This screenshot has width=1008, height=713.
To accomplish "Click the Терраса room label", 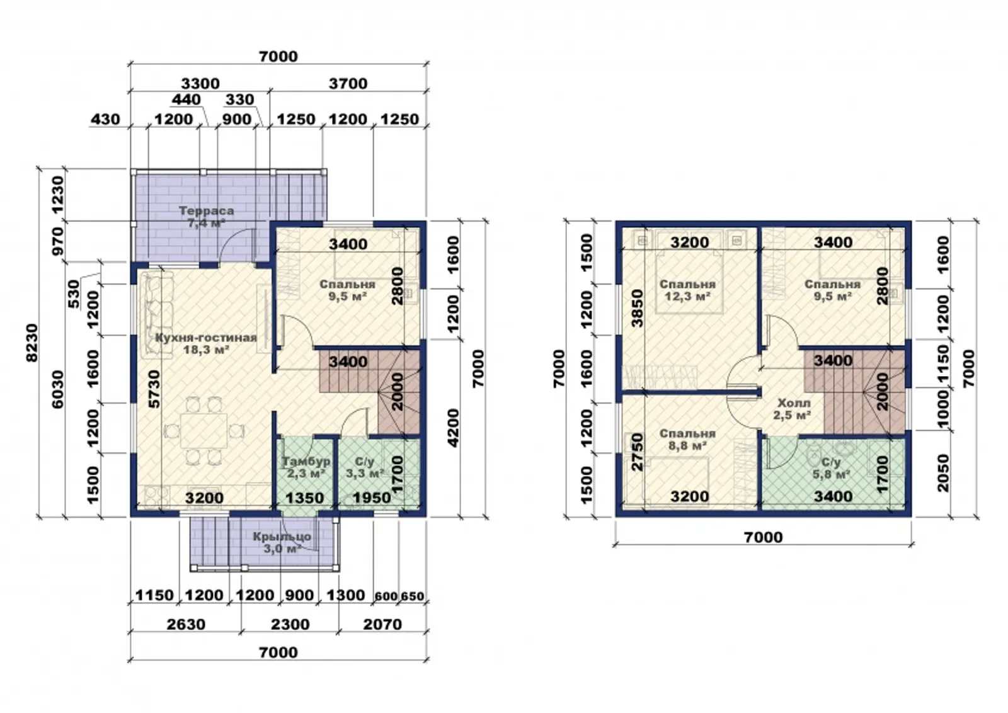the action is tap(207, 210).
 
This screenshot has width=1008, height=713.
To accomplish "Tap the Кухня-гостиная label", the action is tap(206, 338).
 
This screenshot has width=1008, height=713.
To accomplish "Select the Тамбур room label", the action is tap(306, 461).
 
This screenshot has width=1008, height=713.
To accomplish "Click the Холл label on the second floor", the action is tap(794, 402).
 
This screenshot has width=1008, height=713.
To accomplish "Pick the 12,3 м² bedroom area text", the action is tap(687, 297).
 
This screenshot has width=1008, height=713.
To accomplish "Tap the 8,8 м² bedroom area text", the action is tap(687, 445).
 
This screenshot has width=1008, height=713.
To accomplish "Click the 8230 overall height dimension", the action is tap(32, 343).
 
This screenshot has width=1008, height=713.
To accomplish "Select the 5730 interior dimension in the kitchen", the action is tap(154, 389).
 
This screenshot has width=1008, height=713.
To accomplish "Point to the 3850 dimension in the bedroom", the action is tap(637, 308).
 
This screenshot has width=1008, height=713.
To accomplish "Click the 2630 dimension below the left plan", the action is tap(186, 624).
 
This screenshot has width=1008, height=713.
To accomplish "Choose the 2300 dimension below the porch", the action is tap(290, 624).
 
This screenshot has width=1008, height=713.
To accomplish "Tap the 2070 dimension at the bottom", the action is tap(382, 624).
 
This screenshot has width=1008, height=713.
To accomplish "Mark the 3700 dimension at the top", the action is tap(348, 84).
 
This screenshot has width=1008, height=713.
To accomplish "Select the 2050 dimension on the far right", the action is tap(941, 473).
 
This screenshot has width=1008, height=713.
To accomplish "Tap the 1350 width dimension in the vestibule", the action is tap(305, 498).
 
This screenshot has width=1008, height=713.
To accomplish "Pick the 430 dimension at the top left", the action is tap(106, 119).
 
